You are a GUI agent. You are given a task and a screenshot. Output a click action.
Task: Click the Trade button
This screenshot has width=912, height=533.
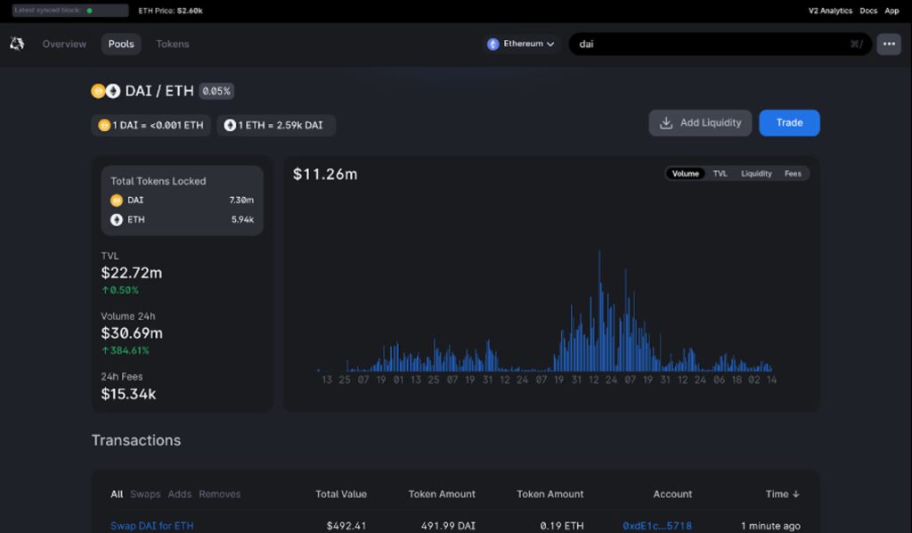789,123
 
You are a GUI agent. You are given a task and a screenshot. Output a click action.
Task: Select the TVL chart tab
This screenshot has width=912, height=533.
720,174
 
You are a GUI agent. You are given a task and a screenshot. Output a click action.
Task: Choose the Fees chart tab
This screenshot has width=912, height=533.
793,174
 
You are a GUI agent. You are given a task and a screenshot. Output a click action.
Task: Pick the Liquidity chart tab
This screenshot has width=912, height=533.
756,174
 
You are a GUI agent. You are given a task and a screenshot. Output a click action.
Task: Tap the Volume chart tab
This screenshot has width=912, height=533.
685,174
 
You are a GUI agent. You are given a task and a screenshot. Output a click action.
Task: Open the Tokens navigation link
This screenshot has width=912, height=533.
173,44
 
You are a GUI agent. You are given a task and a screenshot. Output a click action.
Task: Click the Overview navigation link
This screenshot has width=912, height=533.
64,44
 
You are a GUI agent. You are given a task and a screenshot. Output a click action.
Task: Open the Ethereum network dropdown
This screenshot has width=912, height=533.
522,44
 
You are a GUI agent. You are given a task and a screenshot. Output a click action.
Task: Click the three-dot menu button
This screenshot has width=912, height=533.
888,44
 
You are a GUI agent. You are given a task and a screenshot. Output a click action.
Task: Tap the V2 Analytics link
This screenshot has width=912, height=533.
830,11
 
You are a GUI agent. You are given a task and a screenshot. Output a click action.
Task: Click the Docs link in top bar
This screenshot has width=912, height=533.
868,11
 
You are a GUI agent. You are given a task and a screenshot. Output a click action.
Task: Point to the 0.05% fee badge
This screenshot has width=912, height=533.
216,91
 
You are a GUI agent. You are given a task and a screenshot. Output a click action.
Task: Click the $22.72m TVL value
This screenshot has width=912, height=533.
132,273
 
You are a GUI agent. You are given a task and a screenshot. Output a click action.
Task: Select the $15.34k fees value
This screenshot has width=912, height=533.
128,393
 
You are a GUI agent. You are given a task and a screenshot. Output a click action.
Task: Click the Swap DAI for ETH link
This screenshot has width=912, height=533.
151,526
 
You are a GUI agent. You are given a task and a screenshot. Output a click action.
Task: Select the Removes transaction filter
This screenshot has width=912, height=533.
219,494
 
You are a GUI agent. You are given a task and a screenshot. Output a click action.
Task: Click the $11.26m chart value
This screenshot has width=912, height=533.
325,174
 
